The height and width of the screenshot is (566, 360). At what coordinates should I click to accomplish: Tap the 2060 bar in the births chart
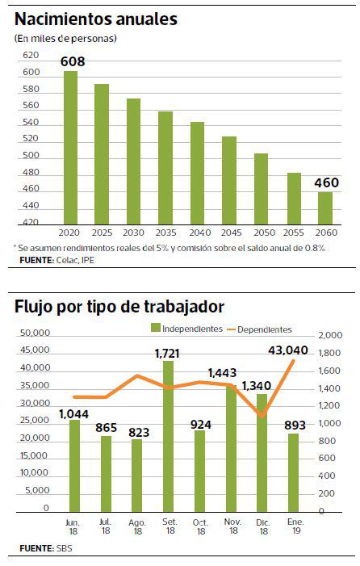(x=324, y=208)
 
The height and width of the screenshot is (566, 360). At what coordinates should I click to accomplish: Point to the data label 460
(x=325, y=182)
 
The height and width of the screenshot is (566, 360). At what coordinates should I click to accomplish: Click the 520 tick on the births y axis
(x=31, y=139)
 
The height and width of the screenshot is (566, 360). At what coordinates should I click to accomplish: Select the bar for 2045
(x=229, y=180)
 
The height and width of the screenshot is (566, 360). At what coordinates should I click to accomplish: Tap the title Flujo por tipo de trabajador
(x=119, y=308)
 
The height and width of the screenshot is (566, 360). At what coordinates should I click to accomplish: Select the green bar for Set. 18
(x=168, y=435)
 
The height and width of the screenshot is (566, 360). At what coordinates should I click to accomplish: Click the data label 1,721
(x=167, y=352)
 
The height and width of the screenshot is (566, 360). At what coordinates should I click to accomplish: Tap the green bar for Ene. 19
(x=293, y=472)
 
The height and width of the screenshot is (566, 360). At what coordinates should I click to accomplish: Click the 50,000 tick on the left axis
(x=35, y=333)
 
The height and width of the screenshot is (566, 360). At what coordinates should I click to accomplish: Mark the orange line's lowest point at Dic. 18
(x=262, y=415)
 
